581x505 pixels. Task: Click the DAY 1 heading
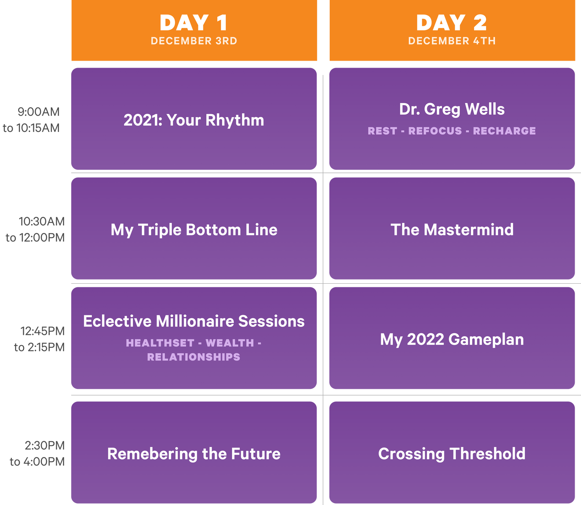(194, 23)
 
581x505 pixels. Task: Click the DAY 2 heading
(452, 23)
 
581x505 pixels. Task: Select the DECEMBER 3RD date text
(194, 41)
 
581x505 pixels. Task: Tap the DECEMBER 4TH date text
(452, 41)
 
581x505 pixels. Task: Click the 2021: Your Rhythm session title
(194, 120)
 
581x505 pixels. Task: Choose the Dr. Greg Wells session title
(452, 109)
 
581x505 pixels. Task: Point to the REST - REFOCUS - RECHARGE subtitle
(452, 131)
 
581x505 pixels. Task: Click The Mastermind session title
(452, 230)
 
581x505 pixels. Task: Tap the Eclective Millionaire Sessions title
(194, 321)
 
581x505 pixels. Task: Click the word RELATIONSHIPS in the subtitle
(194, 357)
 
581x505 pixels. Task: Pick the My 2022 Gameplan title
(452, 340)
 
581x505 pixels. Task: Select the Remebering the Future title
(194, 454)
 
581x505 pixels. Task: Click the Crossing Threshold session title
(452, 454)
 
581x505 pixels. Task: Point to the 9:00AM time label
(39, 112)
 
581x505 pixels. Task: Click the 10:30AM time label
(42, 222)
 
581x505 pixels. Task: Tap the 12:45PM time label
(42, 331)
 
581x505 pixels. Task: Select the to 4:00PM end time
(37, 462)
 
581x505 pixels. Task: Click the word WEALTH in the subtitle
(230, 343)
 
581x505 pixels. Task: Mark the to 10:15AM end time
(31, 128)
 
